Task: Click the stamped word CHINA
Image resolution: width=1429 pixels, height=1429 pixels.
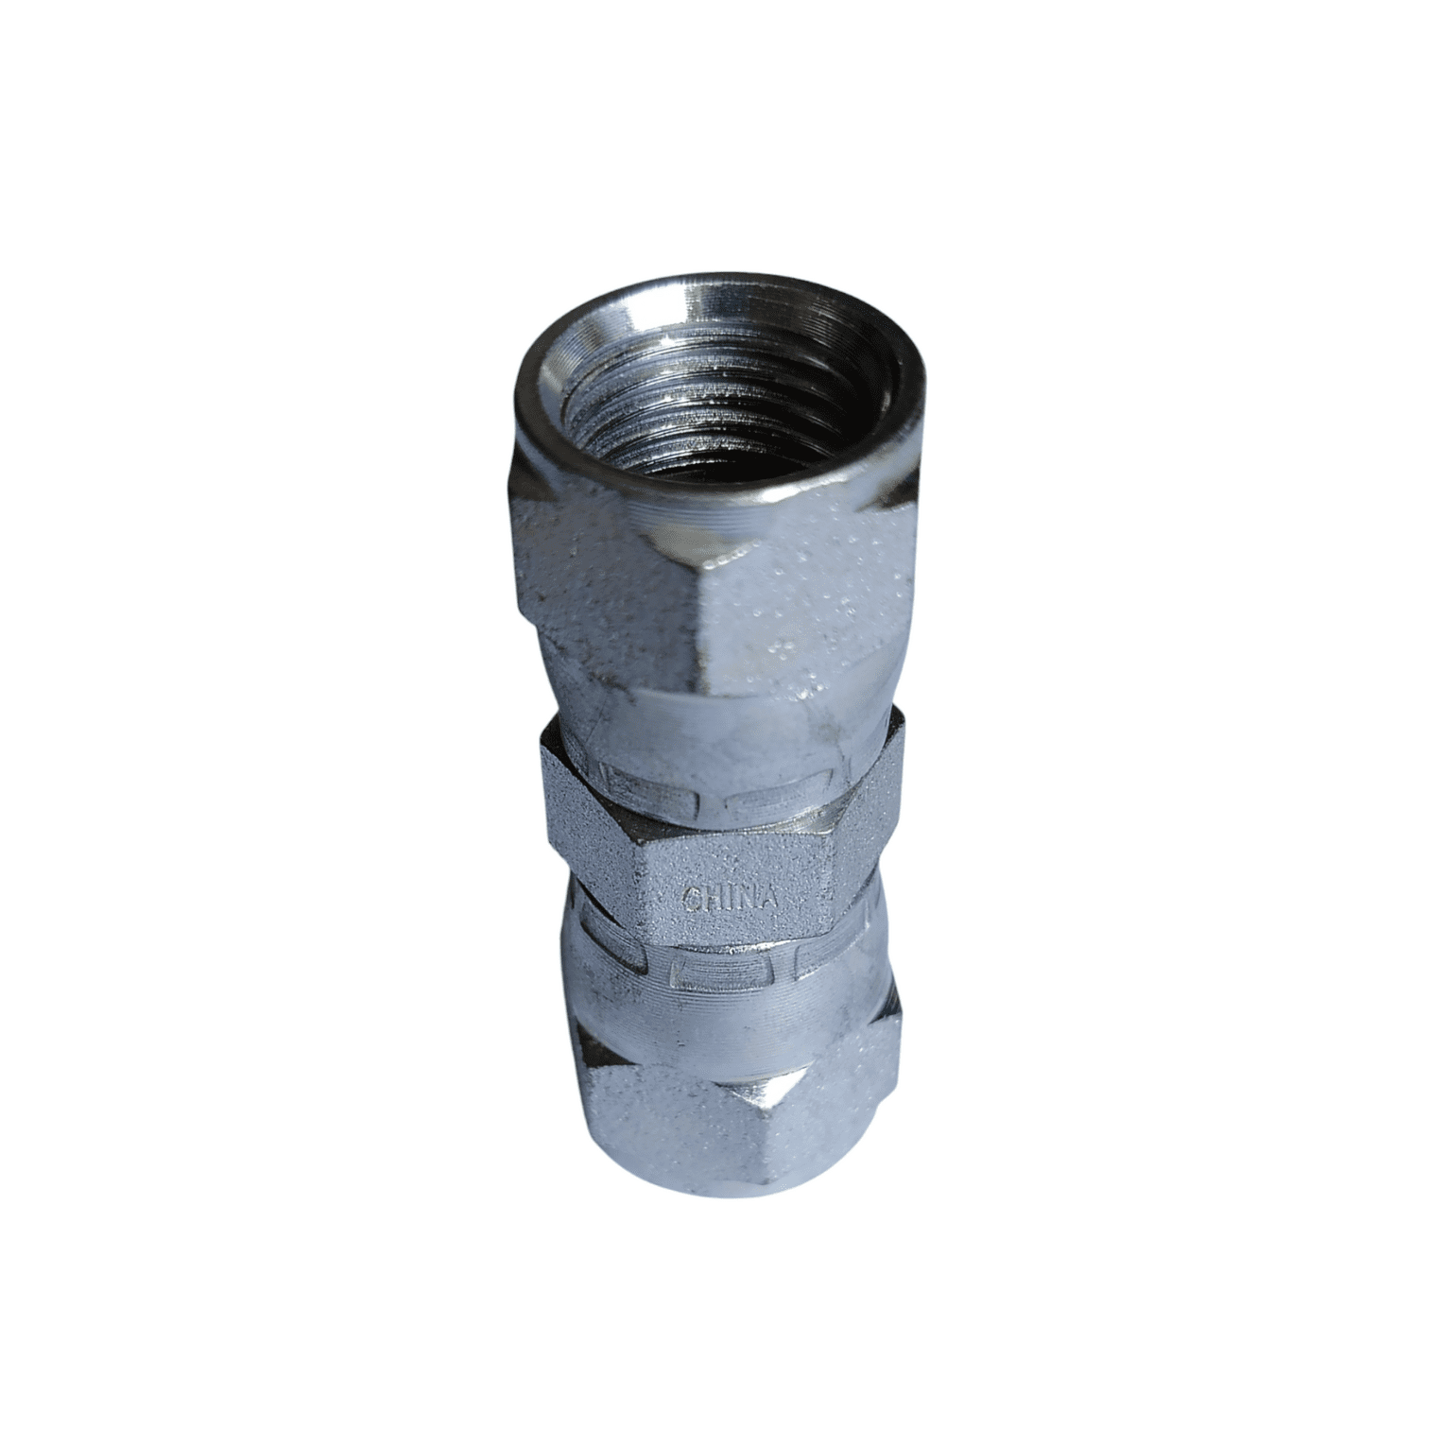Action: tap(730, 897)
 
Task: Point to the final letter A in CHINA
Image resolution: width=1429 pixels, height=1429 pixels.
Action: tap(769, 899)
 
